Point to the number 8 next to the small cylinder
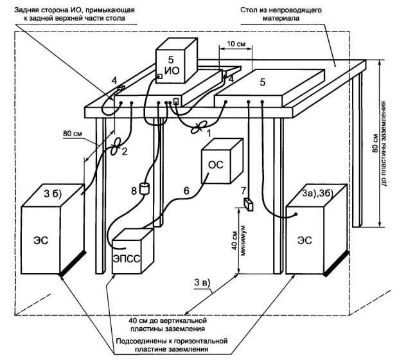click(134, 190)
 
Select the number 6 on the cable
click(186, 192)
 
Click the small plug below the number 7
click(249, 205)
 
